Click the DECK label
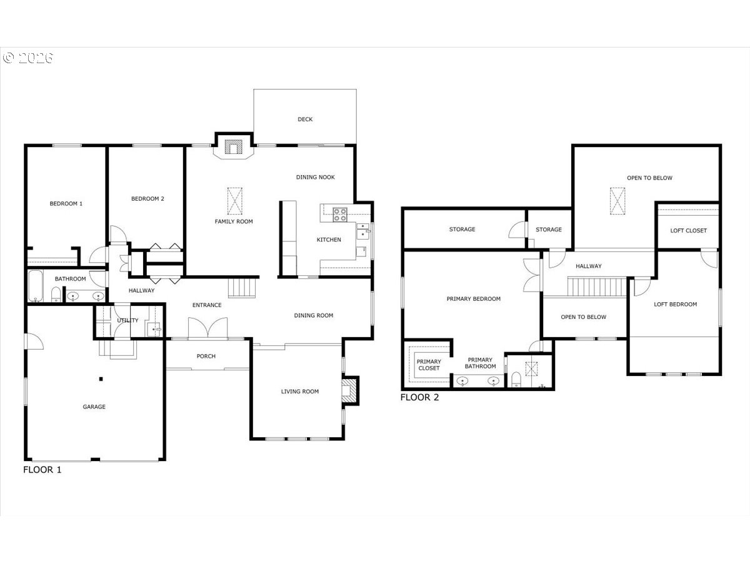305,119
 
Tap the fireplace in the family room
233,147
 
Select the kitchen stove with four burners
340,215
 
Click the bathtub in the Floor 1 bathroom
35,286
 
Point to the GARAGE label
94,407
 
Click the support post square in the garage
101,378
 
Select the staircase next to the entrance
242,288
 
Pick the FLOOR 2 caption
419,397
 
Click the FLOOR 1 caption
42,470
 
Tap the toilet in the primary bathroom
516,380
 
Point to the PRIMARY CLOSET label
429,365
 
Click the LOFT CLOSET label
688,231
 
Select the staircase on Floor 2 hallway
597,287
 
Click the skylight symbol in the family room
235,201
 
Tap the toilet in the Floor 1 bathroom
56,294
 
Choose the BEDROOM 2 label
147,198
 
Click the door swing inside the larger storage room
517,230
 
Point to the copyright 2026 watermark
28,58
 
